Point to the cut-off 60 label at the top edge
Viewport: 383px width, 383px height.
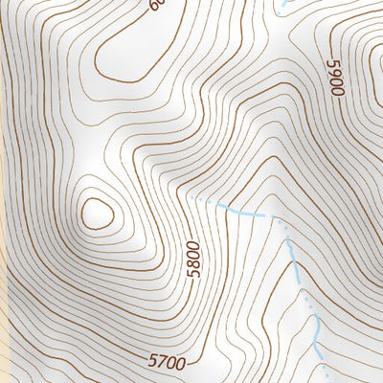156,5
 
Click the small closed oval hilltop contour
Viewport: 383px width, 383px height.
97,213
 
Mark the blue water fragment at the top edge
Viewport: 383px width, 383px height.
284,3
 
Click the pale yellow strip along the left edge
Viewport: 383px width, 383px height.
4,316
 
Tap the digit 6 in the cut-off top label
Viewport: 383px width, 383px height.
153,6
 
